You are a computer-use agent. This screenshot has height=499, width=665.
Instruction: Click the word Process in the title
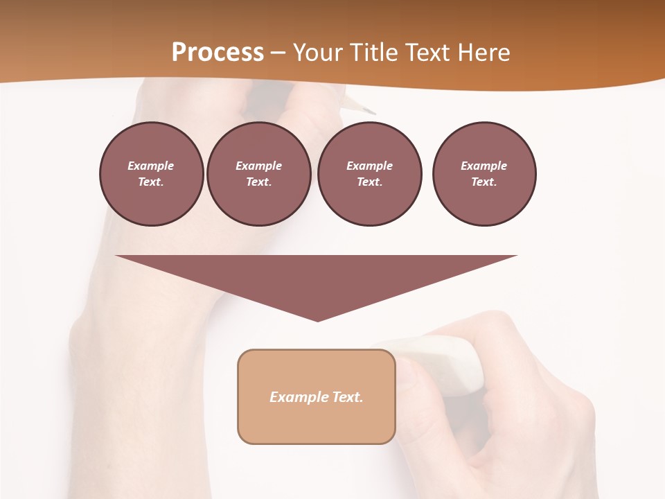point(218,53)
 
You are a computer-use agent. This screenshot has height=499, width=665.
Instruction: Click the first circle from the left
point(151,174)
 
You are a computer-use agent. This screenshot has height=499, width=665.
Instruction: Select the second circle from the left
point(258,174)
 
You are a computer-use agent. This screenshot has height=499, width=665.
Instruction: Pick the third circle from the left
point(369,174)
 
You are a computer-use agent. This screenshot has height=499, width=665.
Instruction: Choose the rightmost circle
point(484,174)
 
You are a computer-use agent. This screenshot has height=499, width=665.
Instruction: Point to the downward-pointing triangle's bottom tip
point(317,319)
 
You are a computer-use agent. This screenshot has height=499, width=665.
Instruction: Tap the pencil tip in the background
point(371,111)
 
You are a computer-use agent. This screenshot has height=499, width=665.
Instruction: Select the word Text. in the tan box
point(348,397)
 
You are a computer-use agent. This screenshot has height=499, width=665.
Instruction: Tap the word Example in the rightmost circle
point(484,166)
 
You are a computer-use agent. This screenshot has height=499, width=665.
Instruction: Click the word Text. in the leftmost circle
point(151,182)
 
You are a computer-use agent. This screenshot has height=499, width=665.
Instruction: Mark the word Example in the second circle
point(258,166)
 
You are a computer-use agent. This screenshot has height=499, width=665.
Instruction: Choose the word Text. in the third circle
point(369,182)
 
